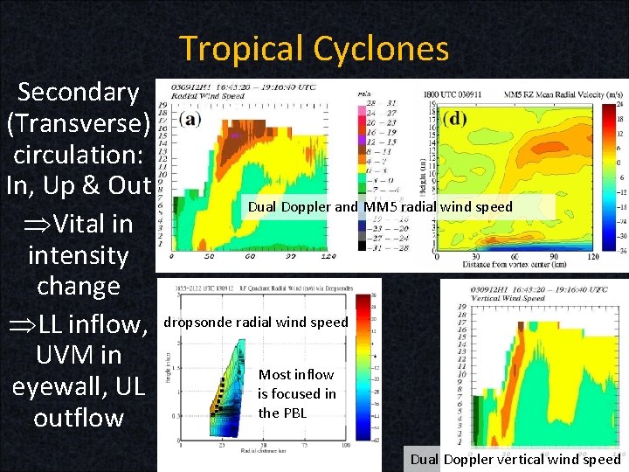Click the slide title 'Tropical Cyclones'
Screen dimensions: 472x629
314,48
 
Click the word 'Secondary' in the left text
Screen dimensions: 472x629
79,92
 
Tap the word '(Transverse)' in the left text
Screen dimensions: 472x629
79,123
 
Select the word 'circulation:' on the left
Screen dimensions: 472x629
79,155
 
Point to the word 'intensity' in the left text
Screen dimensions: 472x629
79,255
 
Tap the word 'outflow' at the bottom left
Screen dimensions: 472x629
79,417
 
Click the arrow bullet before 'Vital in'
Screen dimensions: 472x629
38,225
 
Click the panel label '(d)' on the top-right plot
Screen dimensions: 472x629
455,118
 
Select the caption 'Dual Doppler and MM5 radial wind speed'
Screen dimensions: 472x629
380,207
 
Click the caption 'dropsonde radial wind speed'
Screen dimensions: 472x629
256,322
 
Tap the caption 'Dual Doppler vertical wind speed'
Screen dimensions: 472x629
515,459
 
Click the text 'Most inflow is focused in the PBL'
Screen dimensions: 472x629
296,393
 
